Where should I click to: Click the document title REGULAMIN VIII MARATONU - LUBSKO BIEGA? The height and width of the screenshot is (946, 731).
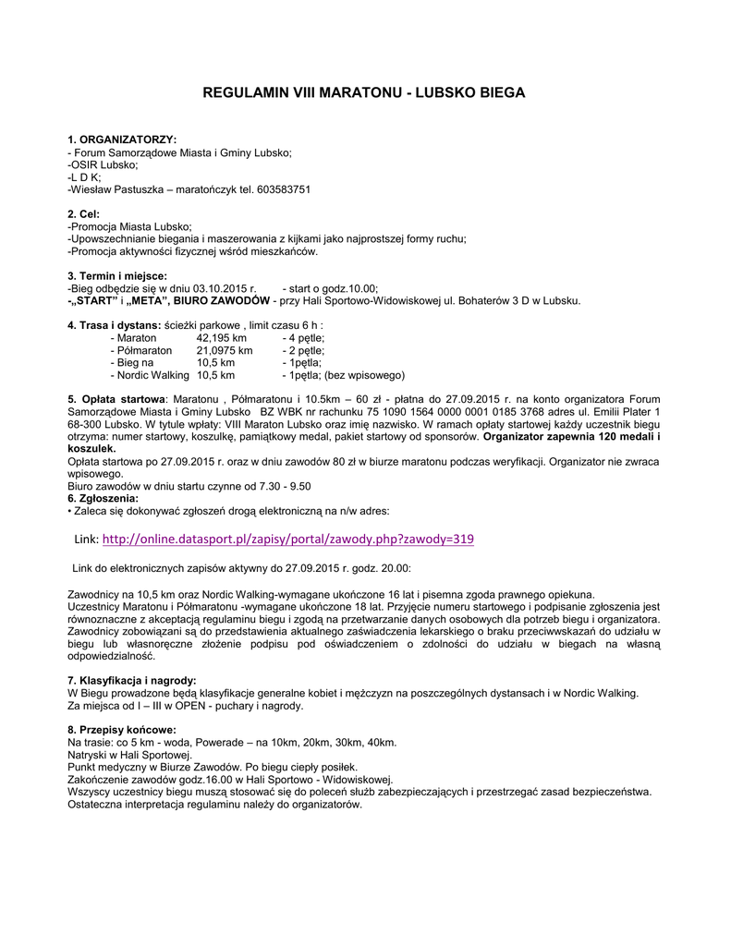point(364,93)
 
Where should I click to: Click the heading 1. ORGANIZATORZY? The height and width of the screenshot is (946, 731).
point(122,139)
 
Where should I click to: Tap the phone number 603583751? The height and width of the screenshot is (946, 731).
point(281,189)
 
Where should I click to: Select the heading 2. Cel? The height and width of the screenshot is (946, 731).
point(84,214)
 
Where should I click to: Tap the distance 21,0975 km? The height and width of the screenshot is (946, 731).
point(225,351)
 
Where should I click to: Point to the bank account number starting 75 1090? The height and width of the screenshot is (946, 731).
point(463,411)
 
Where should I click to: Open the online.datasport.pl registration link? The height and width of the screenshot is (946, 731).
point(287,539)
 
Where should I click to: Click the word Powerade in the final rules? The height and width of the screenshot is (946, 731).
point(212,742)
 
